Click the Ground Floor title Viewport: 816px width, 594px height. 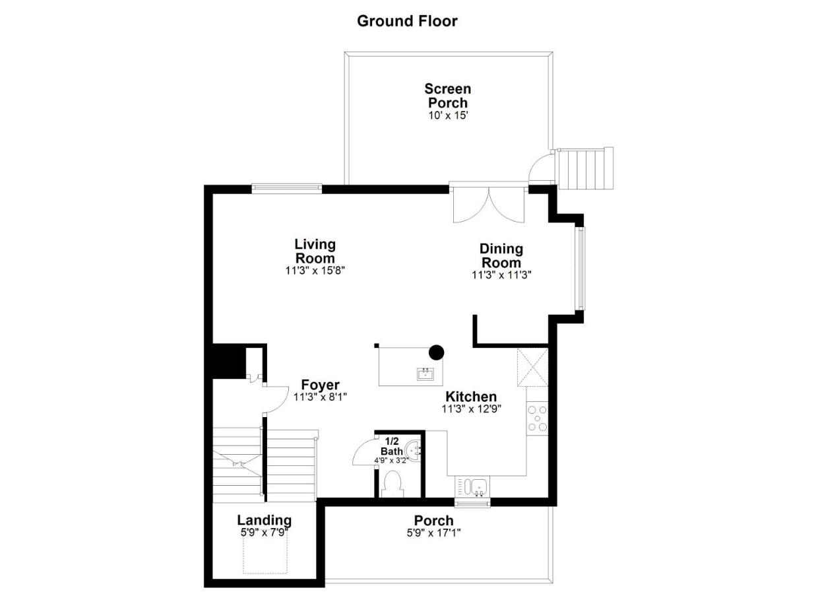[x=407, y=20]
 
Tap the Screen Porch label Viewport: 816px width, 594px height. [x=447, y=96]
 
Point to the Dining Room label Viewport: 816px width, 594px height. [x=501, y=255]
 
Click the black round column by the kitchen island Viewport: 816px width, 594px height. [x=436, y=352]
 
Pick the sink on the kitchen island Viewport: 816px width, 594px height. [x=425, y=374]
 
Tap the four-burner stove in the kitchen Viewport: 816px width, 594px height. [x=537, y=418]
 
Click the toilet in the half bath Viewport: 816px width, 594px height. [x=393, y=483]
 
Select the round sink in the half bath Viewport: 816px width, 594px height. [x=413, y=451]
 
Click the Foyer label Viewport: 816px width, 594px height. [x=320, y=385]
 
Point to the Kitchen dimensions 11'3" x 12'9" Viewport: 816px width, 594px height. [x=471, y=409]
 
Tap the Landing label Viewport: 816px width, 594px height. [x=264, y=520]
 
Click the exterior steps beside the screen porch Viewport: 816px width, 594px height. [x=584, y=168]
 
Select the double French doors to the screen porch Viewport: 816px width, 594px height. [x=488, y=204]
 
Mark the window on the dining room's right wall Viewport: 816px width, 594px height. [x=580, y=269]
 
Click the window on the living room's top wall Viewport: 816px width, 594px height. [x=286, y=189]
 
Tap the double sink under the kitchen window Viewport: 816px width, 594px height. [x=472, y=487]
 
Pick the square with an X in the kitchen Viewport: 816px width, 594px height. [x=532, y=367]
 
